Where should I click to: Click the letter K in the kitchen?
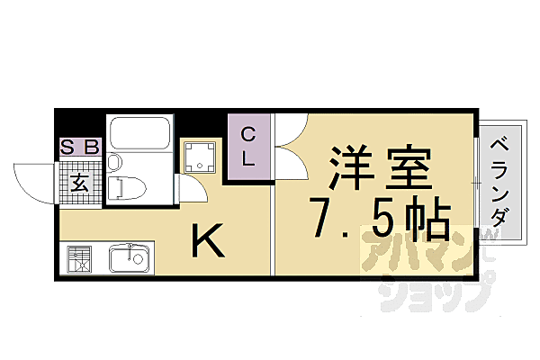click(x=206, y=242)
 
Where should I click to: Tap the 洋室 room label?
click(x=377, y=170)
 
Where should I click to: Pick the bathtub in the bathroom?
click(x=139, y=134)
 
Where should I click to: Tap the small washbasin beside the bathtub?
click(x=113, y=163)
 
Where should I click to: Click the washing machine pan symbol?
click(x=200, y=158)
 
